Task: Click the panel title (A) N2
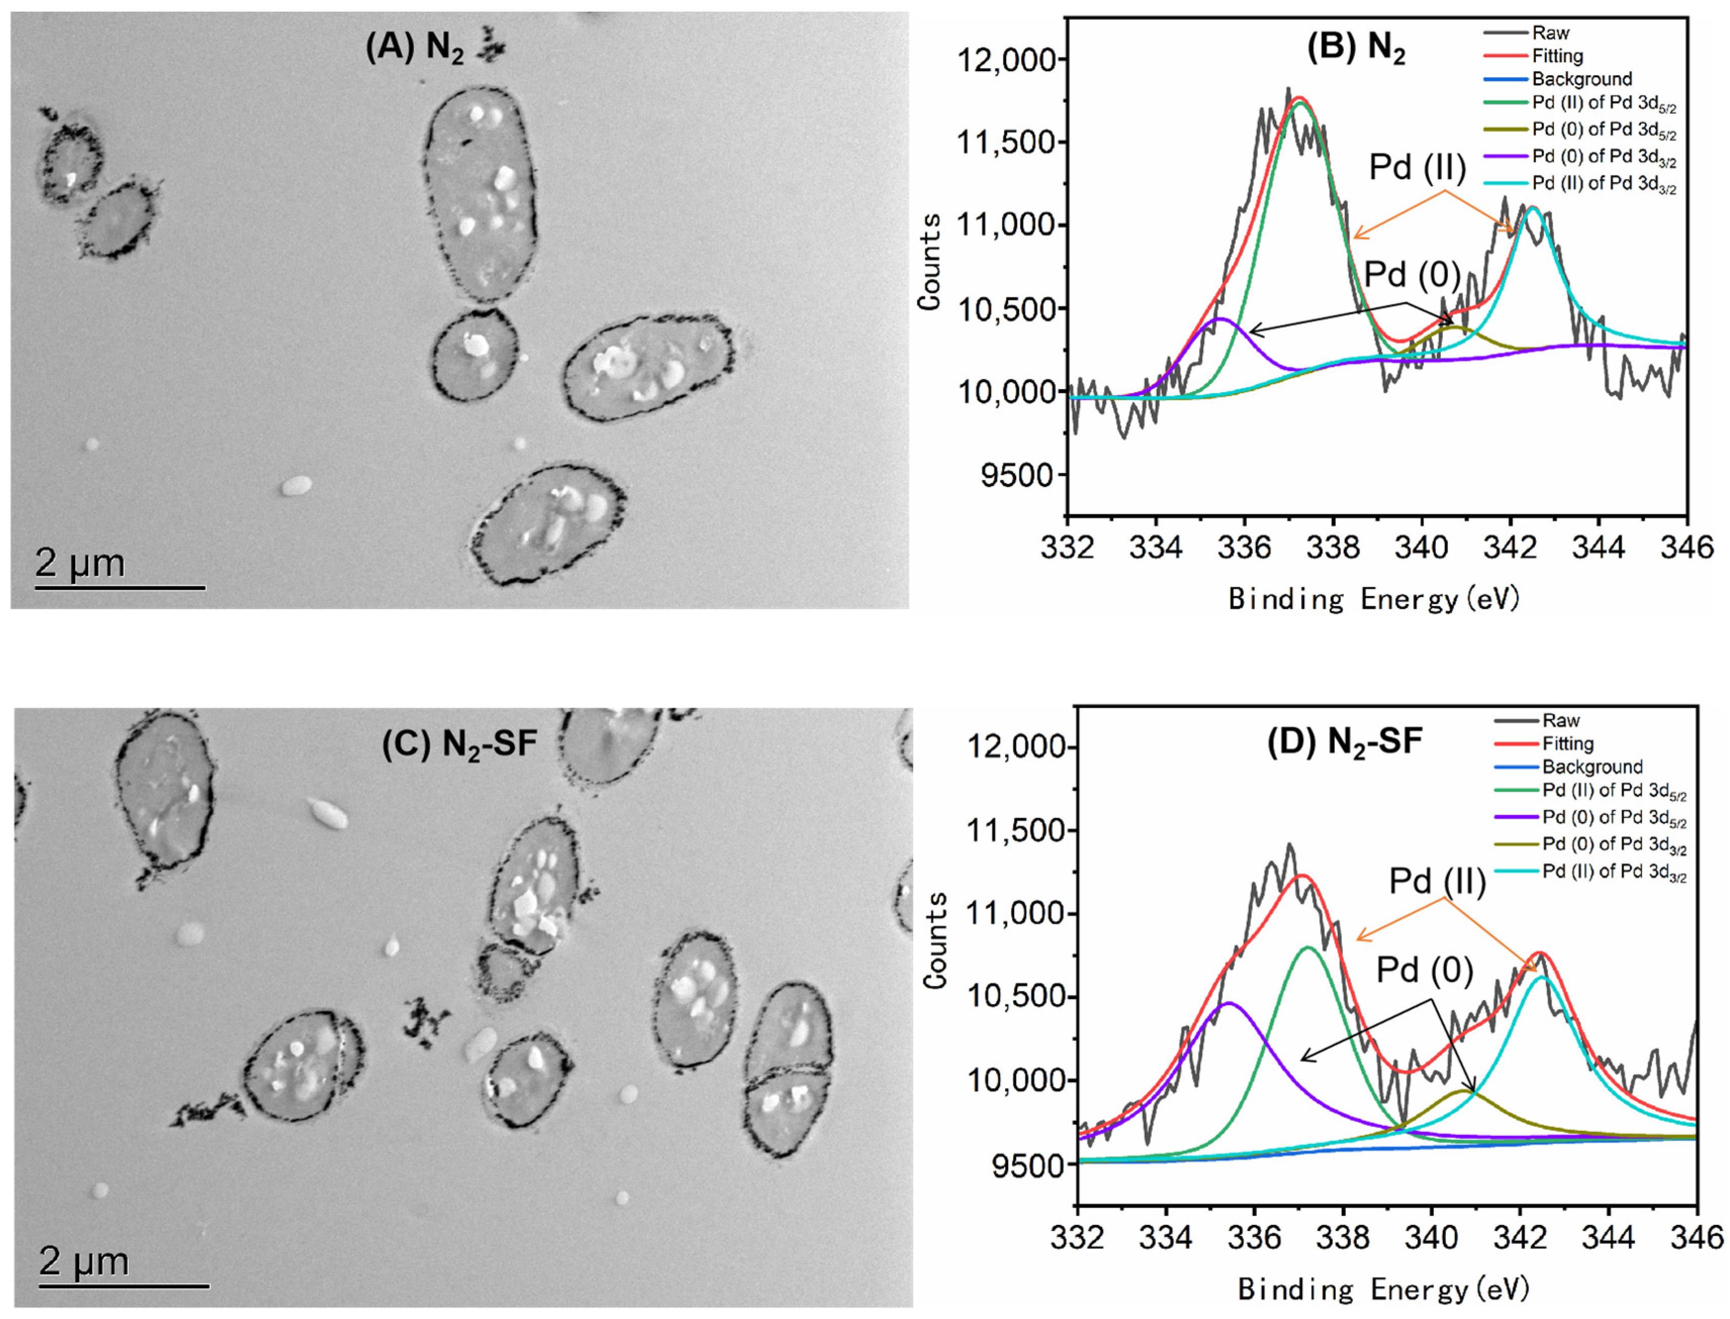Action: [414, 48]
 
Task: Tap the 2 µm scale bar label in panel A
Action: [80, 563]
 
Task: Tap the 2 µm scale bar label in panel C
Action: [84, 1262]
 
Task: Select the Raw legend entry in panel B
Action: [1550, 33]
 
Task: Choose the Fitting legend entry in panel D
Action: [1567, 744]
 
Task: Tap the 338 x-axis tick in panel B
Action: [1333, 547]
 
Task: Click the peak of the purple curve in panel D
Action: [1229, 1003]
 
